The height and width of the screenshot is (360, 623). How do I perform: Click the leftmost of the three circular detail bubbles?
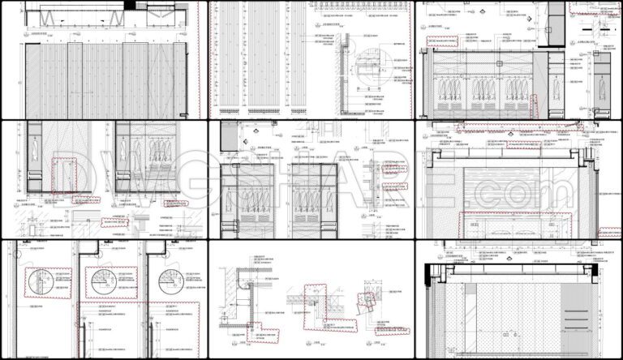tap(39, 280)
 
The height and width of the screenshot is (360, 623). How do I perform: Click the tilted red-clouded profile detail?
tap(368, 305)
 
